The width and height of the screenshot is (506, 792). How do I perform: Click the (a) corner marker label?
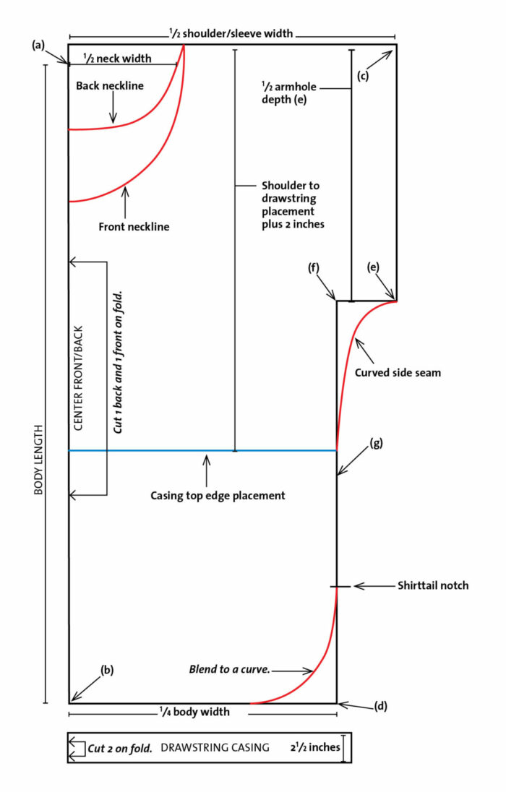38,45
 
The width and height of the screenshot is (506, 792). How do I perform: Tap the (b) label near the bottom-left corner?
107,669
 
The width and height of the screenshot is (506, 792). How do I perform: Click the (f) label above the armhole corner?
314,269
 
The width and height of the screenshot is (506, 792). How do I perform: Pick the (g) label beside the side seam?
376,442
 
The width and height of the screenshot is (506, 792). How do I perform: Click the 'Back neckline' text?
110,86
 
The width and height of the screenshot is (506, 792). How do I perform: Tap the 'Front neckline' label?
134,227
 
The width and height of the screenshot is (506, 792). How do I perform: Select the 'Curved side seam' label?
398,373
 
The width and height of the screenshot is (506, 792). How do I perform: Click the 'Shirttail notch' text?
433,585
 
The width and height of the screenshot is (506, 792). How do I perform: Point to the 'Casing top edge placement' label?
218,496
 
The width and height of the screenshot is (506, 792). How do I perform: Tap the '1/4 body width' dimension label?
194,712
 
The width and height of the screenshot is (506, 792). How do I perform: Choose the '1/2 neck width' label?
117,59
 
